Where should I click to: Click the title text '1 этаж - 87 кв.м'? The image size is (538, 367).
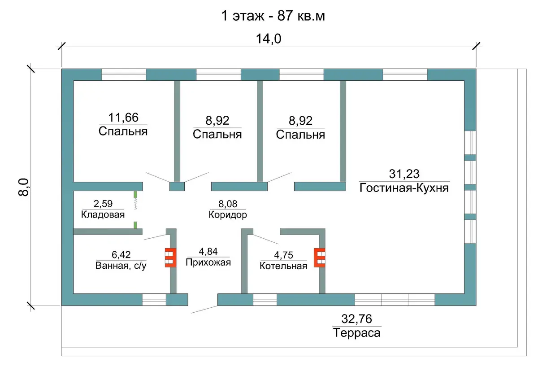click(x=273, y=16)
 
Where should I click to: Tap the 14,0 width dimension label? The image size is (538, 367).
click(x=269, y=39)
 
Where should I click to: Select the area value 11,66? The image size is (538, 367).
click(x=123, y=118)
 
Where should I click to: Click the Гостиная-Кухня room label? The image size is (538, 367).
click(x=404, y=188)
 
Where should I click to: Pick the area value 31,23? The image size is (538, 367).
click(x=404, y=174)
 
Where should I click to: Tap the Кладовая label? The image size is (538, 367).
click(x=103, y=214)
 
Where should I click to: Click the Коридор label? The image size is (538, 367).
click(x=228, y=214)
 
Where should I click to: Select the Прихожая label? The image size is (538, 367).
click(x=208, y=262)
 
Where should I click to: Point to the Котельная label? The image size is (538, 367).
click(x=283, y=266)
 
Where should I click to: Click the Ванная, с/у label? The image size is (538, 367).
click(x=121, y=266)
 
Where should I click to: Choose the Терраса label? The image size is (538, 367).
click(x=357, y=333)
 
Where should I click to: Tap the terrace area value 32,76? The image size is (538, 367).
click(x=357, y=319)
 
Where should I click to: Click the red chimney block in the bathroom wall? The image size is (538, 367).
click(x=170, y=258)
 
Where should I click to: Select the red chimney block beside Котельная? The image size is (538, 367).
click(x=319, y=258)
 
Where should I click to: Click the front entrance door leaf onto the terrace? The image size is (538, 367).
click(x=204, y=309)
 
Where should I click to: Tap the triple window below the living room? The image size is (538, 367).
click(x=395, y=300)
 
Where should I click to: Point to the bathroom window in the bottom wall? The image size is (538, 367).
click(x=154, y=300)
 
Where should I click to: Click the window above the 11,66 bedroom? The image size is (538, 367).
click(x=124, y=75)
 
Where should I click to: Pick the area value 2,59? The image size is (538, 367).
click(x=103, y=204)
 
